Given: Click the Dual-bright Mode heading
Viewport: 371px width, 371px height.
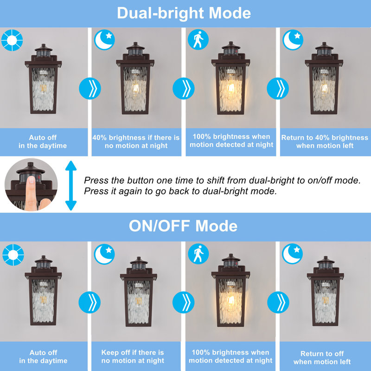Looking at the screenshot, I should point(184,13).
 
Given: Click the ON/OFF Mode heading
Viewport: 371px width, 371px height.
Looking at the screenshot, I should point(183,226).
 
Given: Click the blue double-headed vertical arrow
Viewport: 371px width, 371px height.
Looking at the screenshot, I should point(70,185).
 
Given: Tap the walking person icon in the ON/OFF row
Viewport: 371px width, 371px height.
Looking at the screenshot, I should point(198,255).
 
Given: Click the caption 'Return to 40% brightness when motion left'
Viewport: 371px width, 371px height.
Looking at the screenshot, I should point(325,141).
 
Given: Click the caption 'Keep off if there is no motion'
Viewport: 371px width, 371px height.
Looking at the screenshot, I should point(133,356).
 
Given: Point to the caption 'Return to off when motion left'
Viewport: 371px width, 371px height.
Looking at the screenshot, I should point(322,358).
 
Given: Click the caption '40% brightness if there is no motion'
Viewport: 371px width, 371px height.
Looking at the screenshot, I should point(136,141).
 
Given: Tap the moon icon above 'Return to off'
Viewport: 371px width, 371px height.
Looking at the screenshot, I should point(293,255).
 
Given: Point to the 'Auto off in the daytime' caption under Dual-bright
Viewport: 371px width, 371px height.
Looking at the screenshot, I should point(43,141).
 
